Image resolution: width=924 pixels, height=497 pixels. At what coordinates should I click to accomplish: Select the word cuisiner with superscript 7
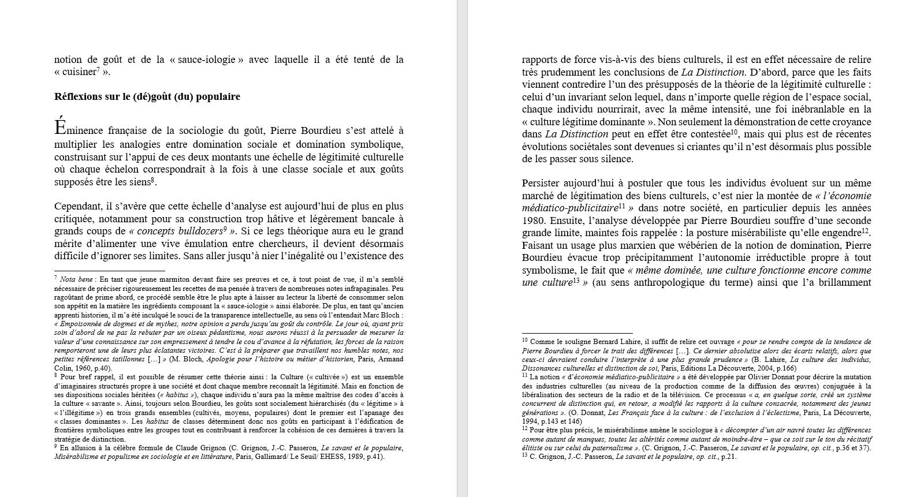tap(79, 72)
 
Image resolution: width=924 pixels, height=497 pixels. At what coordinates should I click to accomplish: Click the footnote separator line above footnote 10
tap(577, 333)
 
